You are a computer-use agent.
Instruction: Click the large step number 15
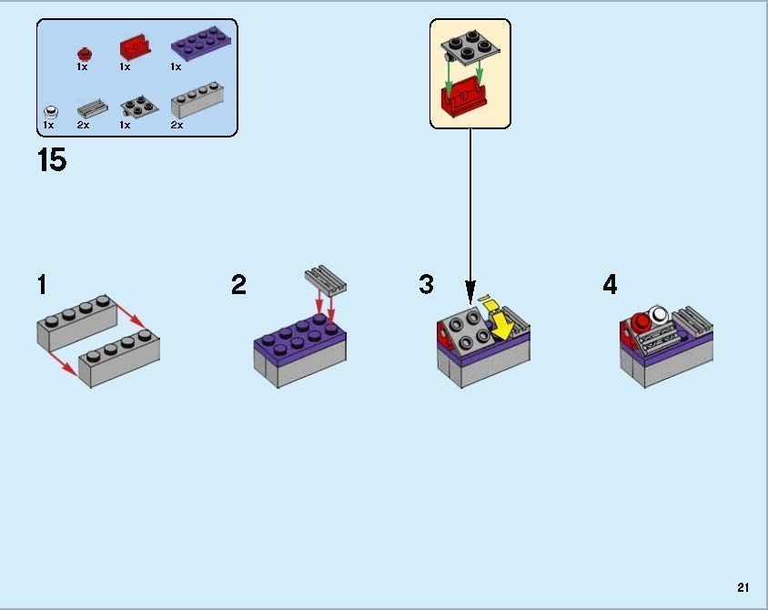[52, 160]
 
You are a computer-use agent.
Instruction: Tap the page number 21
[743, 587]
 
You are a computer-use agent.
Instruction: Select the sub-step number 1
[42, 285]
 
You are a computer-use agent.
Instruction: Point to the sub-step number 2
[238, 285]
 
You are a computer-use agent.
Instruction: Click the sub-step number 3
[426, 285]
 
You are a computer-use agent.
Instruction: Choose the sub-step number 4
[610, 285]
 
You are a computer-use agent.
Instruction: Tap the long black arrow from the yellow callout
[470, 209]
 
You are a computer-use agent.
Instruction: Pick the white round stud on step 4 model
[658, 316]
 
